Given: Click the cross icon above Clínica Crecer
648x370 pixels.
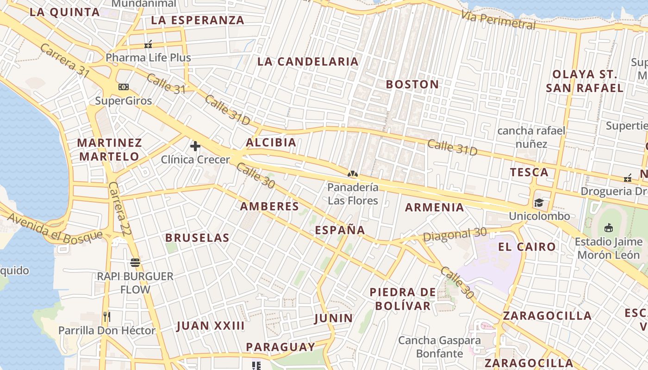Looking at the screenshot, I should pos(195,147).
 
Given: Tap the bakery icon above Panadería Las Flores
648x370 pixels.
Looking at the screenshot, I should pos(353,174).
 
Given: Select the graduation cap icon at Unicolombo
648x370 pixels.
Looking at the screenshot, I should pos(539,203).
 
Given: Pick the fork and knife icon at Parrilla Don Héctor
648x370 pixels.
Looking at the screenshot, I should pos(107,317).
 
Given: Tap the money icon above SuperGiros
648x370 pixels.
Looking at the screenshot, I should pos(124,87).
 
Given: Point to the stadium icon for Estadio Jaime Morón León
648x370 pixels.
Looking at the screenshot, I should pos(609,228).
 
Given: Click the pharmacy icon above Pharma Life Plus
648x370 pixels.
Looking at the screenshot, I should pos(148,45).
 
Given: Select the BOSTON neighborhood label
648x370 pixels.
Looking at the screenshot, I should pos(412,84).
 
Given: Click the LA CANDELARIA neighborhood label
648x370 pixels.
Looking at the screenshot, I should pos(308,62).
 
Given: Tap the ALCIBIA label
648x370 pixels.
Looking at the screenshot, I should pos(271,142).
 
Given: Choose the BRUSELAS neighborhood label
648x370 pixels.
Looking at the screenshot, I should pos(197,238).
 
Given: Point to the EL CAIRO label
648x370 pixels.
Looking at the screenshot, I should pos(527,247).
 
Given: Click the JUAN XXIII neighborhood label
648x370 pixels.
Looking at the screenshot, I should pos(210,326).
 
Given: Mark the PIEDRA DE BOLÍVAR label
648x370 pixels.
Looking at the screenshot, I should pos(403,299).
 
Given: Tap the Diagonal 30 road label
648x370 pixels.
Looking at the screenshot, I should pos(455,234).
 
